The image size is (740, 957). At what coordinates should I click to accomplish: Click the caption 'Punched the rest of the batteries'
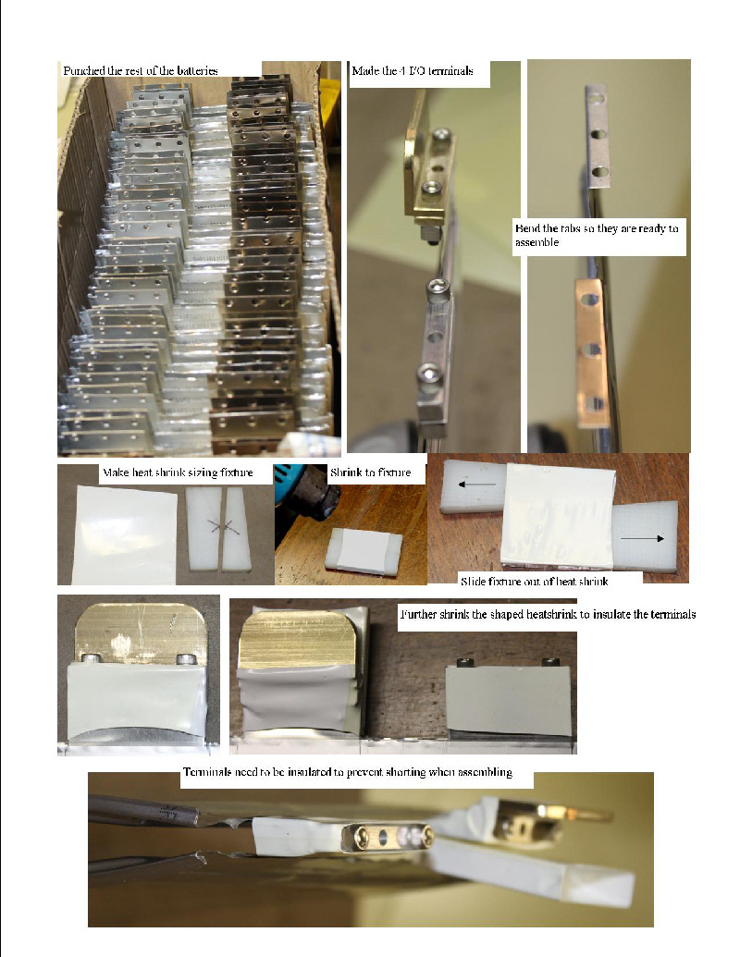[x=141, y=71]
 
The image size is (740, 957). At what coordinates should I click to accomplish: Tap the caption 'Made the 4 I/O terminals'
[x=413, y=71]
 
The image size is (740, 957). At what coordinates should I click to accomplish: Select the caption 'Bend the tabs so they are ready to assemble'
[x=597, y=235]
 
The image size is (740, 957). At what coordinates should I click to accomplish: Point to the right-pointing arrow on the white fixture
[x=642, y=538]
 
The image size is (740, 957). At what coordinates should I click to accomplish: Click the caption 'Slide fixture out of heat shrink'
[x=535, y=581]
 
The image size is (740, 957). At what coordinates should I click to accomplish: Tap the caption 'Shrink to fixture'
[x=370, y=472]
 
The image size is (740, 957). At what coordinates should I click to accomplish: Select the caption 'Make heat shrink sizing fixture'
[x=178, y=472]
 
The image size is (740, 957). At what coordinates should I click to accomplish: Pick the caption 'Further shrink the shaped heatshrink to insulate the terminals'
[x=549, y=614]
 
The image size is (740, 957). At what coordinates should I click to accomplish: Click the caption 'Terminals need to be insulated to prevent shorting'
[x=348, y=772]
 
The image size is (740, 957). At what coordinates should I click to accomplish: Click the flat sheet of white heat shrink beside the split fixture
[x=125, y=535]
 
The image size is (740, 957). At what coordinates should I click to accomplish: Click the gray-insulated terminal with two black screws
[x=509, y=698]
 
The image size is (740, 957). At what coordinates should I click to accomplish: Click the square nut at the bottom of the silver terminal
[x=430, y=411]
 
